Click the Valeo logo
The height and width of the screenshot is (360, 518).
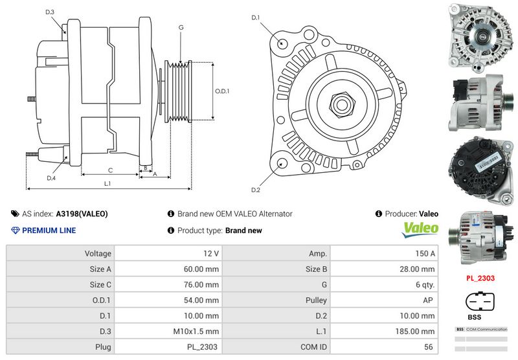420,230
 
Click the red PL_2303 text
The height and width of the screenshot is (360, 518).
480,278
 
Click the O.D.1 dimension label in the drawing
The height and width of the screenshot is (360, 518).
222,91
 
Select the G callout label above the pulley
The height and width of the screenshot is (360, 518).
181,27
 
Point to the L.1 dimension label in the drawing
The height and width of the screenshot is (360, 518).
108,183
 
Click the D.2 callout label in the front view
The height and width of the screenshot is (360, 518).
255,190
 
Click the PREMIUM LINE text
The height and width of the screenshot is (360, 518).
49,231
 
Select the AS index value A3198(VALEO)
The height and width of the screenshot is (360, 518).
82,214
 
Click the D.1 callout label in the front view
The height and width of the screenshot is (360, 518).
255,17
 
